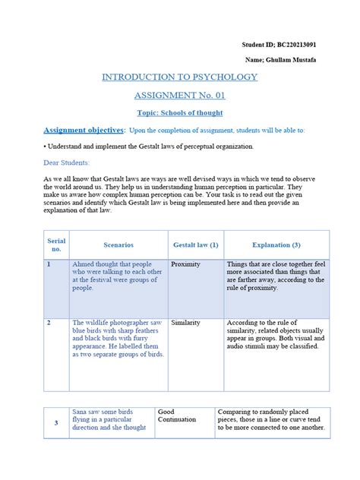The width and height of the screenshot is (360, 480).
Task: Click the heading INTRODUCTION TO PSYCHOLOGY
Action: coord(180,77)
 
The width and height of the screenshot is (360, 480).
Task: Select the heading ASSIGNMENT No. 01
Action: coord(179,96)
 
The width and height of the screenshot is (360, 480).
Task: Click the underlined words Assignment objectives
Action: coord(84,130)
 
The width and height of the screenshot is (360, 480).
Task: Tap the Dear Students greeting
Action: coord(67,163)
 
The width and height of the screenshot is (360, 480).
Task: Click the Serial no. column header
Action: coord(56,245)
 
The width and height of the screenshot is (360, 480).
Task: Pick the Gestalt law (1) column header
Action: coord(194,245)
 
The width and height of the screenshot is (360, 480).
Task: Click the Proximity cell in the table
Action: coord(186,265)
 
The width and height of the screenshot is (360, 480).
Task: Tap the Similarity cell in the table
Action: coord(186,323)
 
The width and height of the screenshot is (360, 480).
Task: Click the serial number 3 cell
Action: coord(56,423)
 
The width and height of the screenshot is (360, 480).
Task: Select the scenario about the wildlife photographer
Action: coord(118,338)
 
